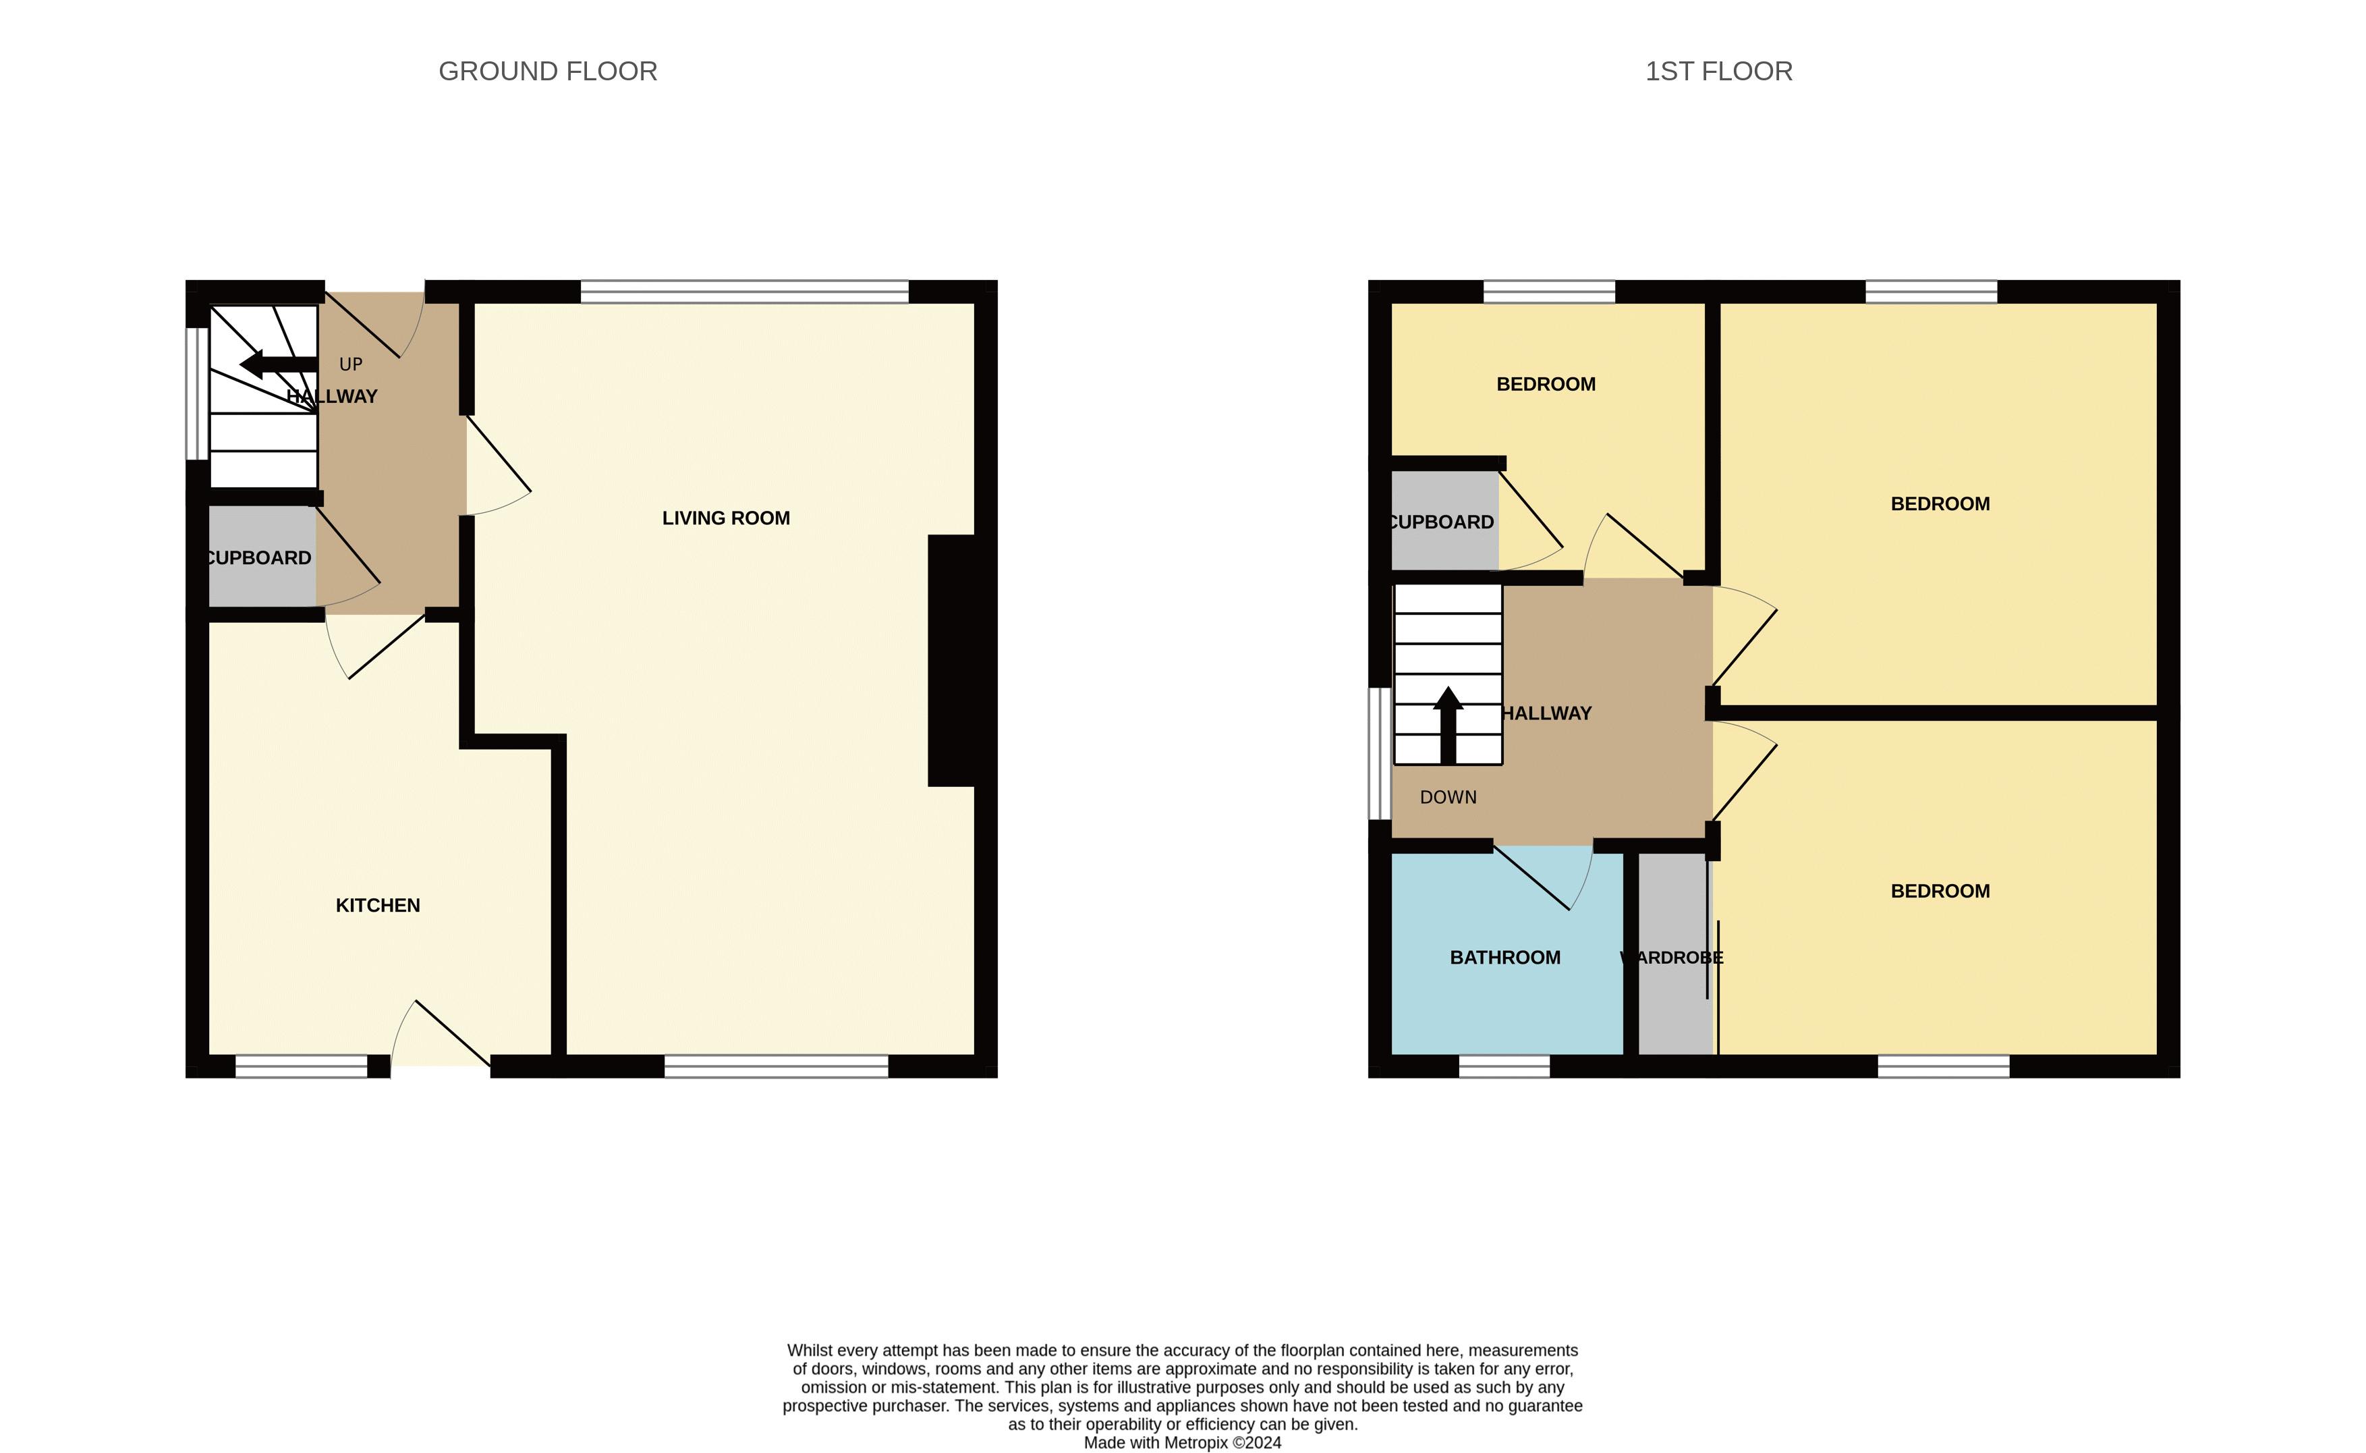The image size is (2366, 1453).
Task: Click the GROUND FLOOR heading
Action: point(548,71)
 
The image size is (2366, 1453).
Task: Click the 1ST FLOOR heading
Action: point(1718,71)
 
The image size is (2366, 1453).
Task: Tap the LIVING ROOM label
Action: point(725,518)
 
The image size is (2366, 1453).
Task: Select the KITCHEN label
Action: point(378,905)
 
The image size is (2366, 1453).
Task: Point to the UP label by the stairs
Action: point(351,364)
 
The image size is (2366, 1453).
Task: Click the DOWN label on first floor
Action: point(1448,796)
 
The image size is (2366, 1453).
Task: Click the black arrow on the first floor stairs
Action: point(1448,725)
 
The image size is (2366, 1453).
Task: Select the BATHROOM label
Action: point(1504,957)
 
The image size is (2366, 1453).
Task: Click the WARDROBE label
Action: point(1672,957)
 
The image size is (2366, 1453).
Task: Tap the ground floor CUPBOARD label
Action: point(259,557)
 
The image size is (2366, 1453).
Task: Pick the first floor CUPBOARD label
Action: point(1442,522)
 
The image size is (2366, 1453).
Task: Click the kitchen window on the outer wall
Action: point(301,1066)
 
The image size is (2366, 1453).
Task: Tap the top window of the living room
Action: point(745,291)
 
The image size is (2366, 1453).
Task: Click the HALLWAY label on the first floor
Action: point(1546,713)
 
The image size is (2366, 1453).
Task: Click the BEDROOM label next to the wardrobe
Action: point(1940,891)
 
